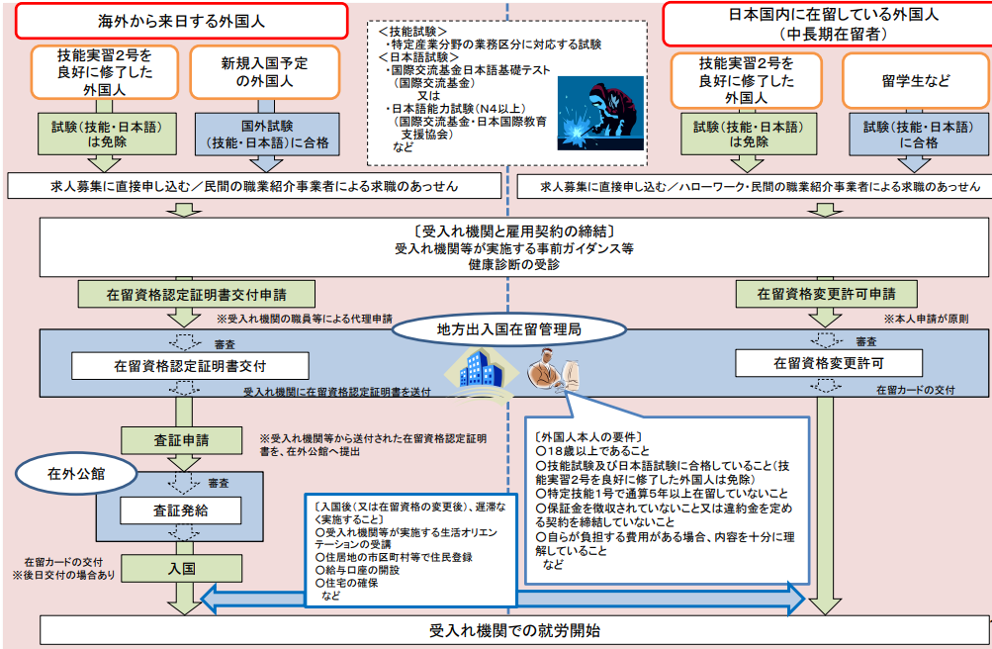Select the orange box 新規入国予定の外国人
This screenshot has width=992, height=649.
264,71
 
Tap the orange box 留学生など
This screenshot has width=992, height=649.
915,81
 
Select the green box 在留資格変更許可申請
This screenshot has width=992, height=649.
826,294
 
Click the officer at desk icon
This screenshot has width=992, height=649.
552,372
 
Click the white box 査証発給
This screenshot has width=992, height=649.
181,510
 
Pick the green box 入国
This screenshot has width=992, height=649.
181,569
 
